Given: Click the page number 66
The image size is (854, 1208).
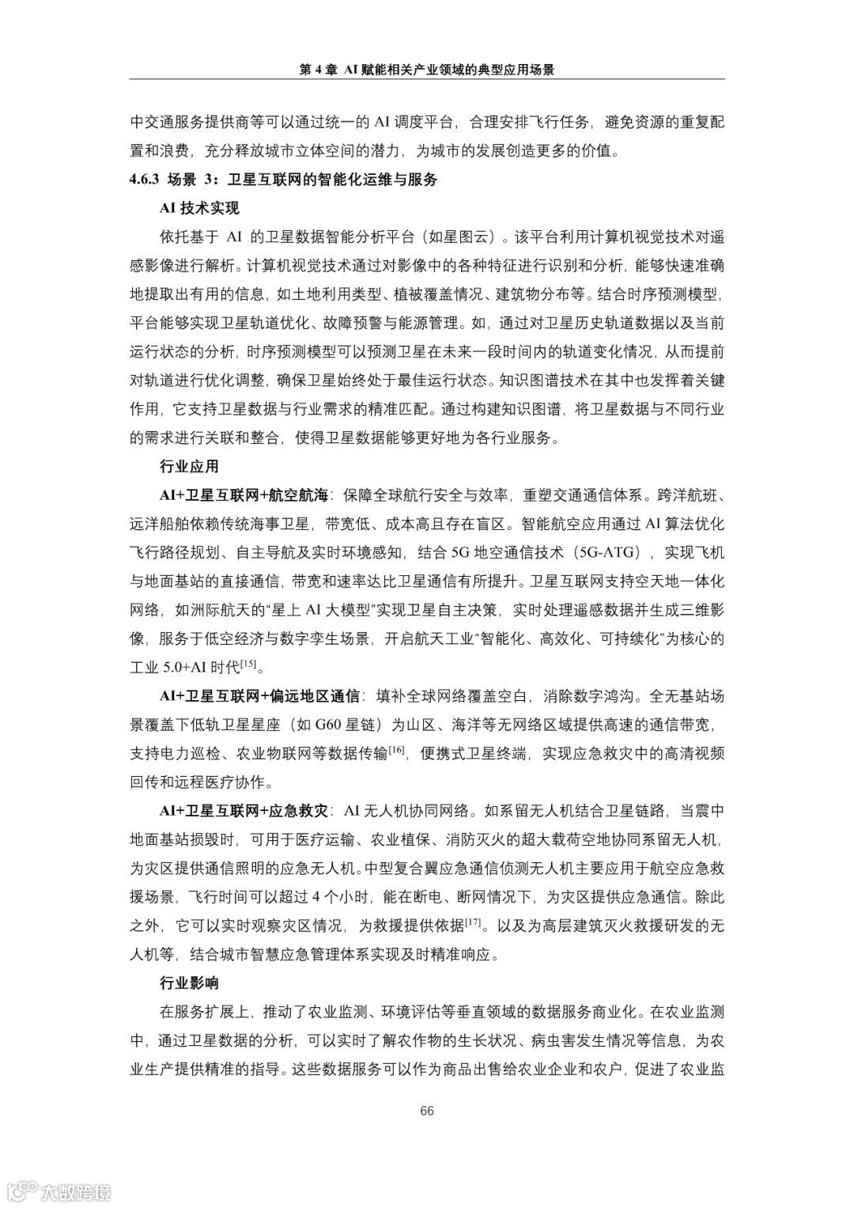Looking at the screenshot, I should point(427,1111).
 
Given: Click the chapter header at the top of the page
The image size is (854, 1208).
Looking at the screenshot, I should point(427,70).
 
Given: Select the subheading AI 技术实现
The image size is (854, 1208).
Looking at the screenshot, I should point(199,209).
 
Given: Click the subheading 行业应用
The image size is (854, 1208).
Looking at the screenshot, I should point(189,467).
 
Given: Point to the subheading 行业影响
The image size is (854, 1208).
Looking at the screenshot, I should point(189,983).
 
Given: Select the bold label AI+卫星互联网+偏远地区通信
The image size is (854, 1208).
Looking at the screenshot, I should point(259,696).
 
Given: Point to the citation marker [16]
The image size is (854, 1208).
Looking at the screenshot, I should point(397,749).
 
